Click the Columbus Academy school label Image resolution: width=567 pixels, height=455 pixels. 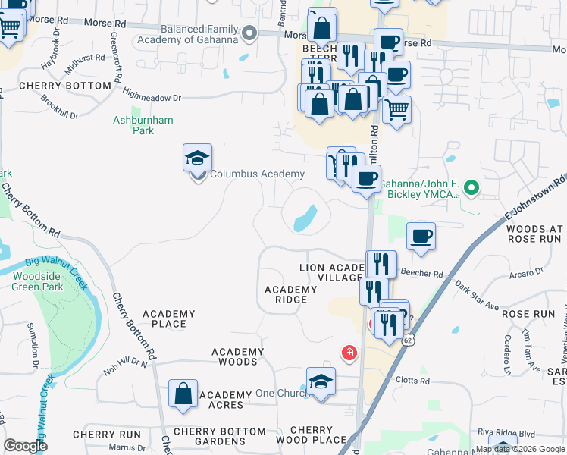(257, 174)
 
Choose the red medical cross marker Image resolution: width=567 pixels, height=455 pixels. (349, 353)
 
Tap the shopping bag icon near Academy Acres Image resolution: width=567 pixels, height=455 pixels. (183, 394)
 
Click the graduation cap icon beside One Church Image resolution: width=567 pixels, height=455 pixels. (321, 381)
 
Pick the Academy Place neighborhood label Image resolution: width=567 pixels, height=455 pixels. (168, 318)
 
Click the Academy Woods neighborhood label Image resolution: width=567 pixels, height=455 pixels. (237, 356)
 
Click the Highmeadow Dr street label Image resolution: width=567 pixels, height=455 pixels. (152, 98)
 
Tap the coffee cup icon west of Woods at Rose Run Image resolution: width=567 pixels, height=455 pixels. (421, 236)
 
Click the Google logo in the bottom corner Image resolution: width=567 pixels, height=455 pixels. (25, 446)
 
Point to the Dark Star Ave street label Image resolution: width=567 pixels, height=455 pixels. (478, 296)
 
